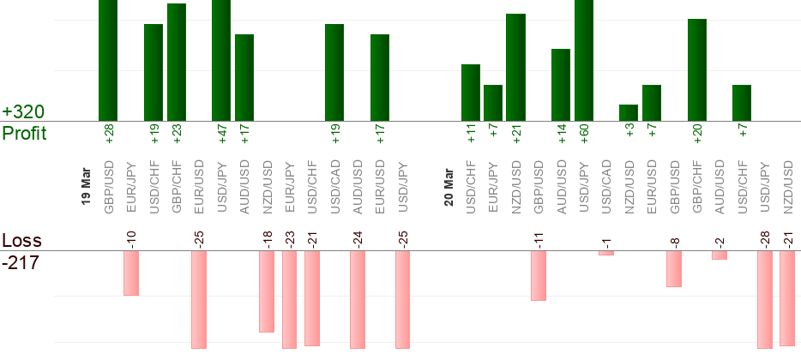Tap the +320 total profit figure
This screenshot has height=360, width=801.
click(23, 112)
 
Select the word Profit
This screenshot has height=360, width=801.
click(24, 134)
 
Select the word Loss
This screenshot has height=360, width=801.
click(21, 241)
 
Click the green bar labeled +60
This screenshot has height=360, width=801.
click(584, 60)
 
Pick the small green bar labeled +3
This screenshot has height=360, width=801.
click(629, 112)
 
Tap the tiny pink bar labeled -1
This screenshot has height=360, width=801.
click(606, 253)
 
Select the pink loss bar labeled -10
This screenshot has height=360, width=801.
click(130, 273)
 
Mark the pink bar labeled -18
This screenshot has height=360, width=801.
click(267, 291)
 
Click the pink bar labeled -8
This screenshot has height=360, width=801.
click(674, 268)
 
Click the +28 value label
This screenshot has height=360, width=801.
click(109, 134)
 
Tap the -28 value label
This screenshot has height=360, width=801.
click(765, 239)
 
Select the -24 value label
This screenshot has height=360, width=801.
click(358, 239)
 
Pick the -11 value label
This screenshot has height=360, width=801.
click(539, 239)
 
